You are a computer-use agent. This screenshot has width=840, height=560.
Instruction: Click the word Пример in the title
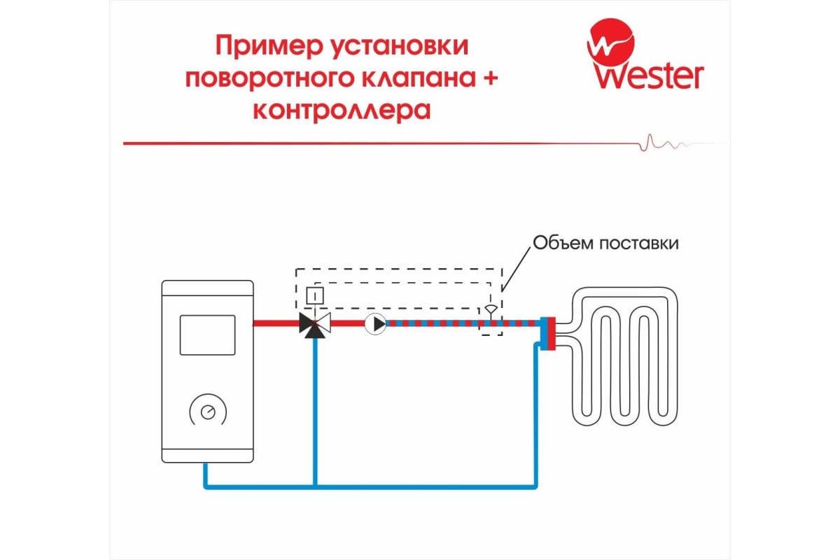[269, 46]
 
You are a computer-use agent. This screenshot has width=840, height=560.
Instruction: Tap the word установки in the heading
[400, 46]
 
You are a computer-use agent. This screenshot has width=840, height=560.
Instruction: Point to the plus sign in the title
[489, 78]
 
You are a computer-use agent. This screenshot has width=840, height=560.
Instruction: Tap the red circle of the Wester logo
[610, 42]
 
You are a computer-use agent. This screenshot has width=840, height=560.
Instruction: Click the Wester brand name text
[649, 76]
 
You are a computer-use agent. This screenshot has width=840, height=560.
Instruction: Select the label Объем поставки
[605, 244]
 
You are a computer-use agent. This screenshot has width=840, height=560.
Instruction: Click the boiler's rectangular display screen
[207, 335]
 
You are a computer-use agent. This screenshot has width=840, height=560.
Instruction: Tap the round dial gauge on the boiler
[208, 412]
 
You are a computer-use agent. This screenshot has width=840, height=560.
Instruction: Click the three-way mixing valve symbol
[315, 325]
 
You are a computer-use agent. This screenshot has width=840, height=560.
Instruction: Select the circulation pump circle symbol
[375, 324]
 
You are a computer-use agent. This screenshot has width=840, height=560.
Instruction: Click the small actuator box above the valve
[315, 295]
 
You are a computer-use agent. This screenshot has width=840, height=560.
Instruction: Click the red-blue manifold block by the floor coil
[548, 333]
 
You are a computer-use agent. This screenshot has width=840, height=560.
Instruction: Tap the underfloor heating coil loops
[624, 356]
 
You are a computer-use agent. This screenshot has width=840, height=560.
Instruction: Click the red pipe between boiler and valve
[276, 323]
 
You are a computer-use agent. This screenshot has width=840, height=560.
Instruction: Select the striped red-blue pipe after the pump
[463, 323]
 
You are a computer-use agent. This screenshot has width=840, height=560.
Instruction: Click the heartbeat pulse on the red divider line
[664, 143]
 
